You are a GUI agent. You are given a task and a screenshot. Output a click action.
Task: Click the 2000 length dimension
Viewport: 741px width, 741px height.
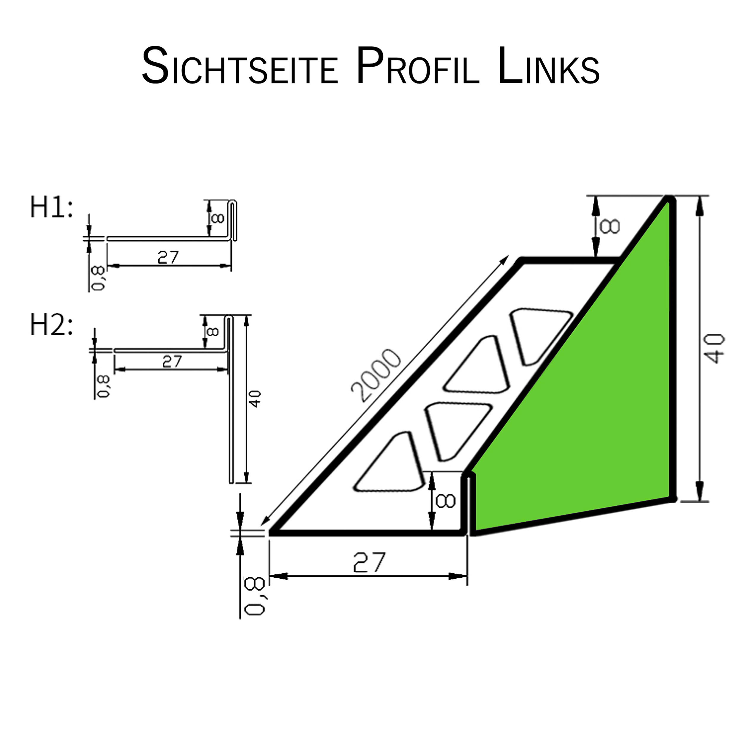[x=376, y=376]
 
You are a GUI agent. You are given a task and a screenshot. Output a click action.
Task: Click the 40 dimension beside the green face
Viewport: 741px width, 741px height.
[x=714, y=348]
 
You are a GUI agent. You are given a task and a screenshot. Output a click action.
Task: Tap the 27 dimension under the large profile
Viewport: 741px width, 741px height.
[x=369, y=562]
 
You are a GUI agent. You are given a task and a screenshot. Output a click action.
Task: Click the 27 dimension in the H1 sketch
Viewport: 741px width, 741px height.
[x=168, y=257]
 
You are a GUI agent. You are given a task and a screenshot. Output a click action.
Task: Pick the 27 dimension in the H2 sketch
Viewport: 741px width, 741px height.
[x=171, y=361]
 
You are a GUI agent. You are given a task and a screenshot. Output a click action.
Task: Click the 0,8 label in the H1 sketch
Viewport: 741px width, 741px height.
[x=98, y=278]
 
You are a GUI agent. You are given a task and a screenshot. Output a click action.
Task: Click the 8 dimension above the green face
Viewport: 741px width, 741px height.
[x=609, y=227]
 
